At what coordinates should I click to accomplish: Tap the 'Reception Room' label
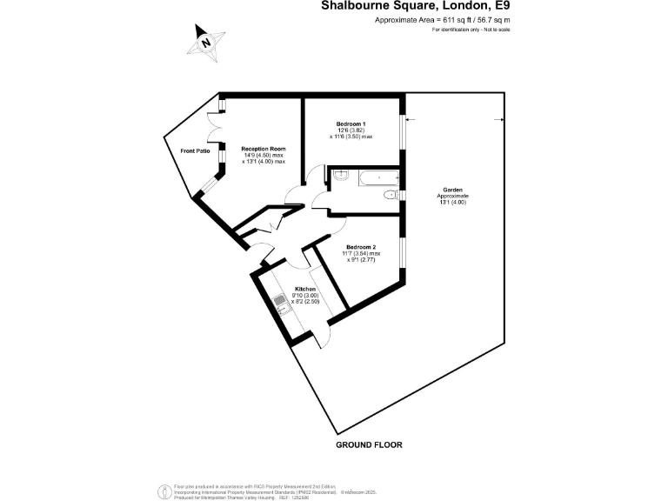point(264,149)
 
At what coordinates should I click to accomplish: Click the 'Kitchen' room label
point(304,288)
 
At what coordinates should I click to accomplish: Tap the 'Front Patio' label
point(195,151)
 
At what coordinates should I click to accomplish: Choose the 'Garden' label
point(452,189)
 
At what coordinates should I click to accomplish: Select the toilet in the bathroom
point(391,196)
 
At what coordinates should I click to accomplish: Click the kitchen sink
point(281,304)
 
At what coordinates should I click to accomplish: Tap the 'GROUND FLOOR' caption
point(369,444)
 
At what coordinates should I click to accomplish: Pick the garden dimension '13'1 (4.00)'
point(452,203)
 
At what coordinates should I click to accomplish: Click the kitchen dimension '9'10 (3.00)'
point(307,295)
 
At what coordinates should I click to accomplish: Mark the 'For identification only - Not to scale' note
point(471,30)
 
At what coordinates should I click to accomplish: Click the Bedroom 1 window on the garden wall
point(402,136)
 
